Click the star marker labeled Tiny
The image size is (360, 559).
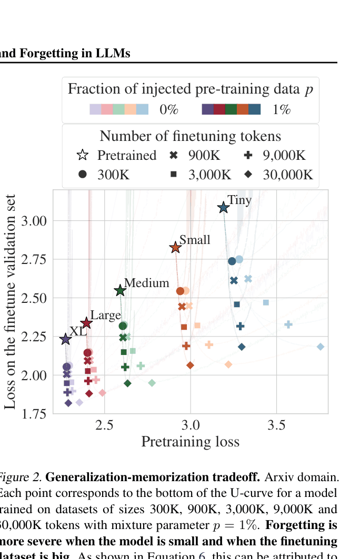[224, 208]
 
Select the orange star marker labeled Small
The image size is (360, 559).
[175, 248]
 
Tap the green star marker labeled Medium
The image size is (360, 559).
[120, 290]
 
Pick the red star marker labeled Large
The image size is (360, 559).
[86, 323]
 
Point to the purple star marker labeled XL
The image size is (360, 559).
[65, 339]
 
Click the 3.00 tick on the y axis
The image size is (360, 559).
[35, 221]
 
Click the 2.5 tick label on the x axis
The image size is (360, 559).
[105, 424]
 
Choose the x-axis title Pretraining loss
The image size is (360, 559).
[190, 441]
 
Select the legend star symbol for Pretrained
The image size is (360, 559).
[82, 155]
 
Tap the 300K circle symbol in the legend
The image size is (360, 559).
[82, 175]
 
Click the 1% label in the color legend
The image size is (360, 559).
[282, 109]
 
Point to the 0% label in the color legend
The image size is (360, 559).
[169, 109]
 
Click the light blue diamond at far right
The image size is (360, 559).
[321, 347]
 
